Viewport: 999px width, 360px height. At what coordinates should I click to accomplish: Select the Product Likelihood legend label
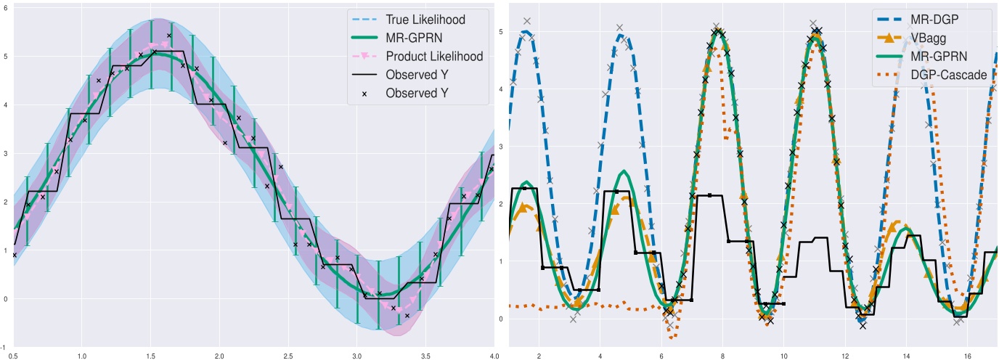coord(434,57)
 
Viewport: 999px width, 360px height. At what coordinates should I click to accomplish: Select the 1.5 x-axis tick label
coord(151,356)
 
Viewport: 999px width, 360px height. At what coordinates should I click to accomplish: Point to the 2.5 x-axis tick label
coord(288,356)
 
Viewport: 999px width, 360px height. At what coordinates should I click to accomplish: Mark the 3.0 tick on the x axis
coord(356,356)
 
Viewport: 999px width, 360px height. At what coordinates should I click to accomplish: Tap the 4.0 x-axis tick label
coord(494,356)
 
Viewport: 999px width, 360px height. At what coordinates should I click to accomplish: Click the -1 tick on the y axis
coord(4,348)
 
